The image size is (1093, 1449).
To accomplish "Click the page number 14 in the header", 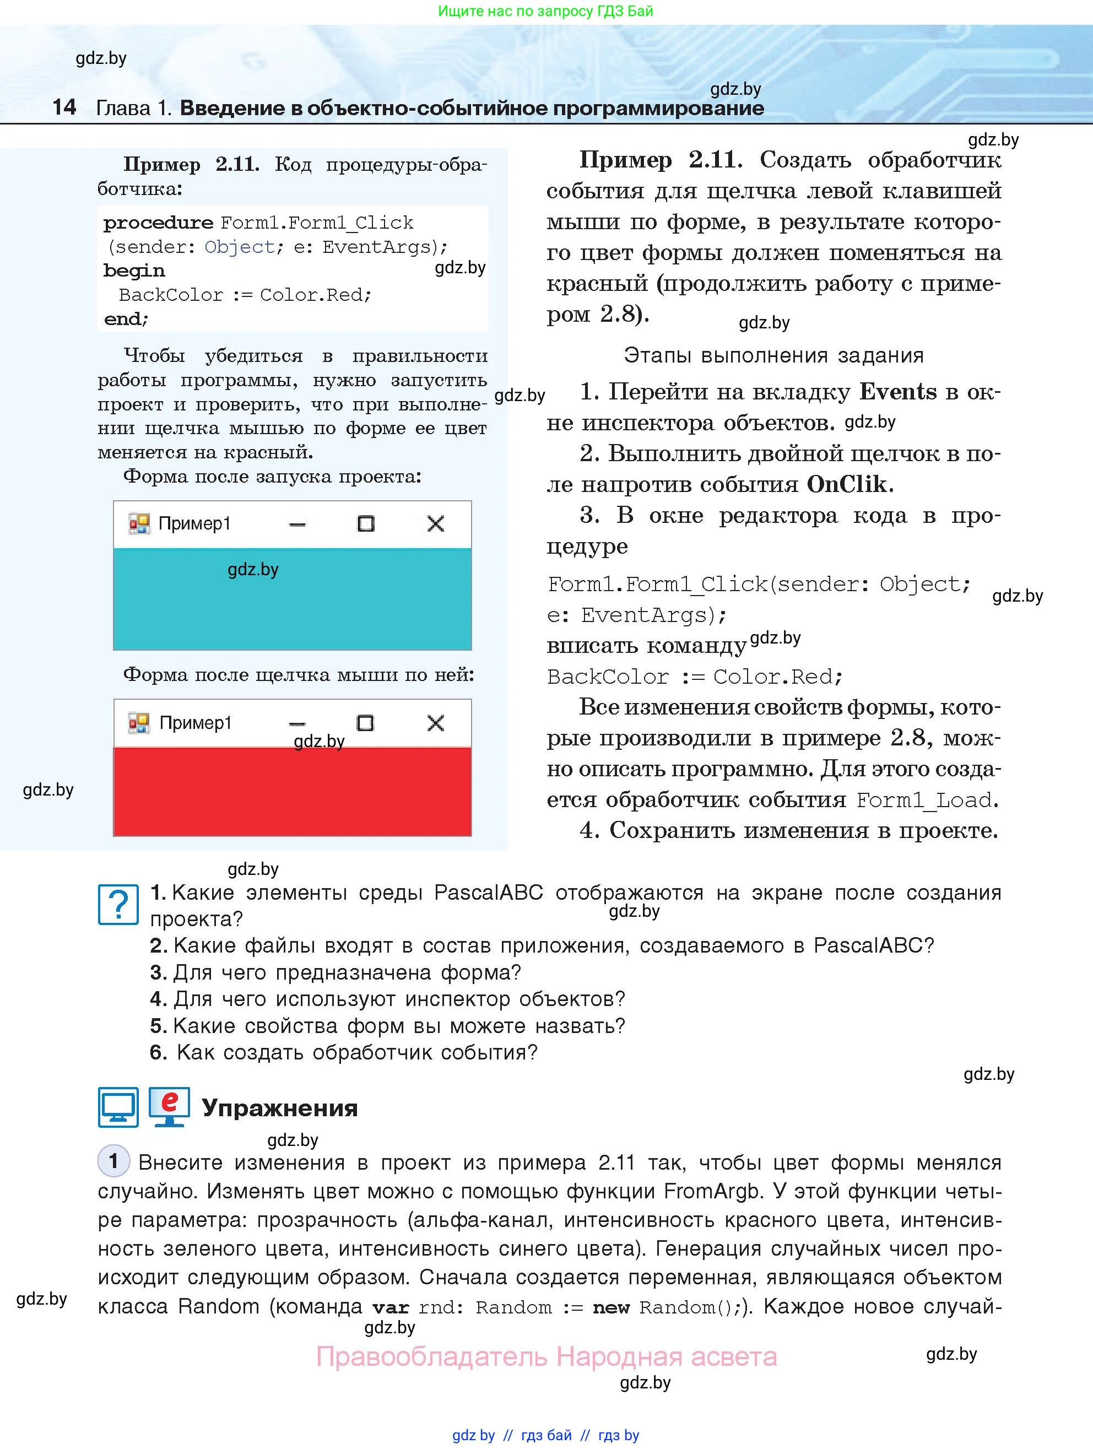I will pos(64,107).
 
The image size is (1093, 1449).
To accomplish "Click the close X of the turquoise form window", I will pos(436,523).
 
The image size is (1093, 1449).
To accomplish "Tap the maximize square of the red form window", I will pos(365,723).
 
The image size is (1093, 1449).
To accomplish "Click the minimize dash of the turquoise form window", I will pos(297,524).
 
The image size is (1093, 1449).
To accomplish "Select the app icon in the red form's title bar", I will pos(139,722).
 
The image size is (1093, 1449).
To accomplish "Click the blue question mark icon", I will pos(118,905).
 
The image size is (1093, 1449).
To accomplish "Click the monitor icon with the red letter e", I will pos(169,1106).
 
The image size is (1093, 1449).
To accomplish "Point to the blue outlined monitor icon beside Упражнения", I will pos(118,1107).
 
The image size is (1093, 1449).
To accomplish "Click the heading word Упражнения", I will pos(280,1108).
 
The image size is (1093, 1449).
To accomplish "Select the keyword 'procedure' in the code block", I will pos(158,223).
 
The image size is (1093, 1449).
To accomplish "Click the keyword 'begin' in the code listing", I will pos(134,271).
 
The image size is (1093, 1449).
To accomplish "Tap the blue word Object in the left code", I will pos(239,247).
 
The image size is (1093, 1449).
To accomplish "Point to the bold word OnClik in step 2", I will pos(847,484).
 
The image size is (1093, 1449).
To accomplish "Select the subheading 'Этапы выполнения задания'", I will pos(773,356).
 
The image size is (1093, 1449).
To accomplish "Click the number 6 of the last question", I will pos(157,1053).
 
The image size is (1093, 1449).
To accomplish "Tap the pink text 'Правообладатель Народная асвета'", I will pos(546,1356).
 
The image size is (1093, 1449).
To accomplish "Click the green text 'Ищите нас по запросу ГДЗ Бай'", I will pos(545,11).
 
